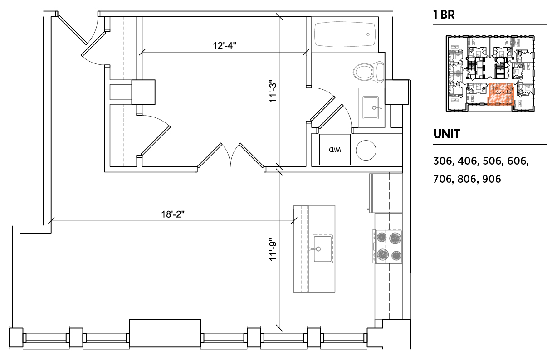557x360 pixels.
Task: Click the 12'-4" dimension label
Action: (x=224, y=46)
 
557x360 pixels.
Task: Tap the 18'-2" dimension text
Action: (x=173, y=214)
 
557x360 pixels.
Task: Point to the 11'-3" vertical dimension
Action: (x=273, y=91)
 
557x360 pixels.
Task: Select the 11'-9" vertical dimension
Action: (x=273, y=251)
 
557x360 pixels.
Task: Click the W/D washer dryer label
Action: (x=335, y=150)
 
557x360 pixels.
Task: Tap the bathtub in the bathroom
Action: (x=345, y=34)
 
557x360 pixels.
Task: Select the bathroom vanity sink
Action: (x=371, y=107)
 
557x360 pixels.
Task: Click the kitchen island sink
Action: (x=322, y=249)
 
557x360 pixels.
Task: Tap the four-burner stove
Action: (x=387, y=246)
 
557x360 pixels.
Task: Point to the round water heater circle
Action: (x=366, y=150)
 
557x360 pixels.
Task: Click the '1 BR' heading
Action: (x=444, y=15)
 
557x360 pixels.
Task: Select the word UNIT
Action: (x=447, y=134)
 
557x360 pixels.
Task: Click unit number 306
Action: (x=443, y=161)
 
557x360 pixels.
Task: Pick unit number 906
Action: (x=491, y=179)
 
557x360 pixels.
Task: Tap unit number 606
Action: (x=517, y=161)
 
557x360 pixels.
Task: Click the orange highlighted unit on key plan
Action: (x=501, y=94)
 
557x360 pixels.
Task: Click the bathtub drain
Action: (x=368, y=34)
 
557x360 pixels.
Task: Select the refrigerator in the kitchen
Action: (x=386, y=193)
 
